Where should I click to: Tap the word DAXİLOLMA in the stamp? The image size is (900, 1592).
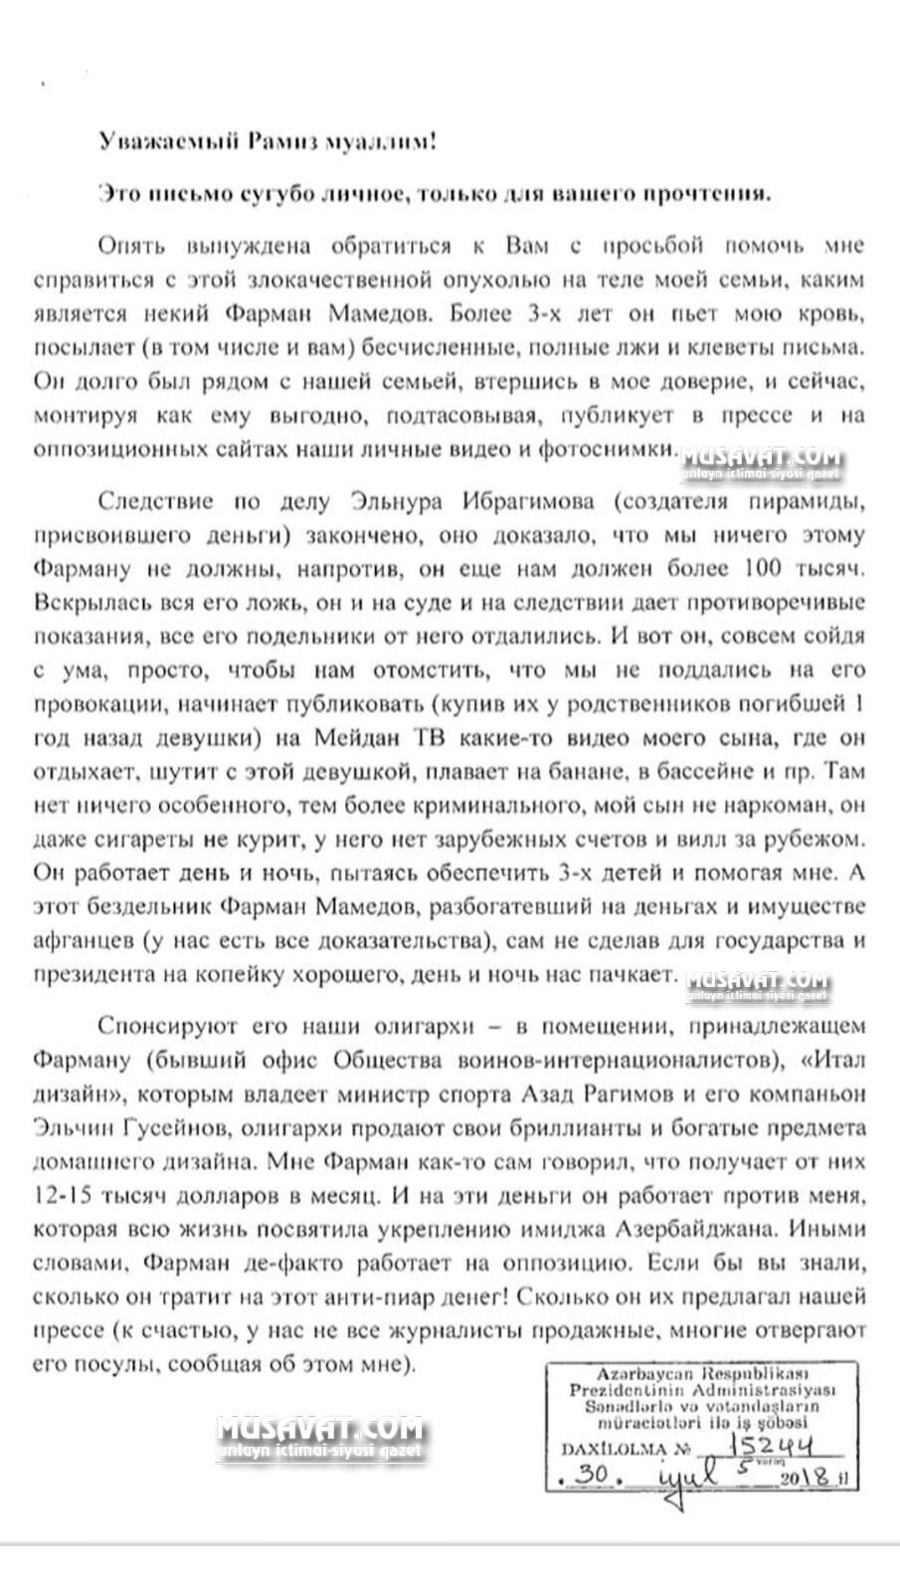click(611, 1450)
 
